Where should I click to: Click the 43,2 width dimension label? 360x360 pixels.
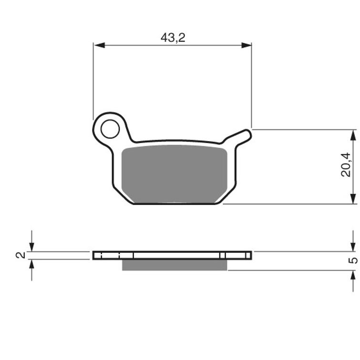[x=173, y=38]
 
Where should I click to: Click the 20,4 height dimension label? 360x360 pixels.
[x=346, y=165]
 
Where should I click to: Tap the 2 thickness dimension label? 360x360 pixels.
[x=21, y=255]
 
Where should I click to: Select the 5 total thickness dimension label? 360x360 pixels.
[x=353, y=260]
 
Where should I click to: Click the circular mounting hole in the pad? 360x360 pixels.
[x=110, y=129]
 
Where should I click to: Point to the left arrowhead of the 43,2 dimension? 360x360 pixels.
[x=99, y=45]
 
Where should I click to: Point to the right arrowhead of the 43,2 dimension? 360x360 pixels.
[x=246, y=45]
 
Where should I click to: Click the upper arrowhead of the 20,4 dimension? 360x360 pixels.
[x=353, y=135]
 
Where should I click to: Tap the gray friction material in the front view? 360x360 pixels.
[x=174, y=174]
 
